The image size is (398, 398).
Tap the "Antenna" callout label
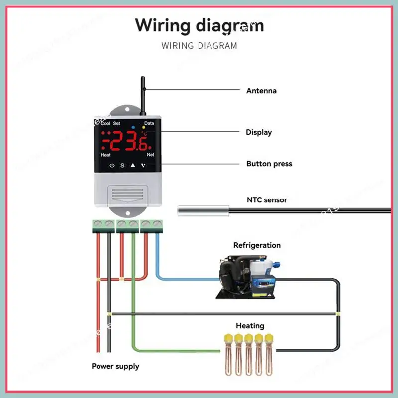[261, 91]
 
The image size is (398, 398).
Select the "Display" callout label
[259, 132]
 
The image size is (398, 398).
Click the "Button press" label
[269, 164]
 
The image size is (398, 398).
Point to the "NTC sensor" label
[267, 200]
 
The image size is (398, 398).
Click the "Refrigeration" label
[257, 245]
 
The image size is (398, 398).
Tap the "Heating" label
[250, 326]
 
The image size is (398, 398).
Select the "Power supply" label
[115, 366]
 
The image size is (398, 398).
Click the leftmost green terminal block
[100, 224]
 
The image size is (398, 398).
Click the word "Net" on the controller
[150, 155]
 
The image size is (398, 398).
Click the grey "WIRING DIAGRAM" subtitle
[199, 46]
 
